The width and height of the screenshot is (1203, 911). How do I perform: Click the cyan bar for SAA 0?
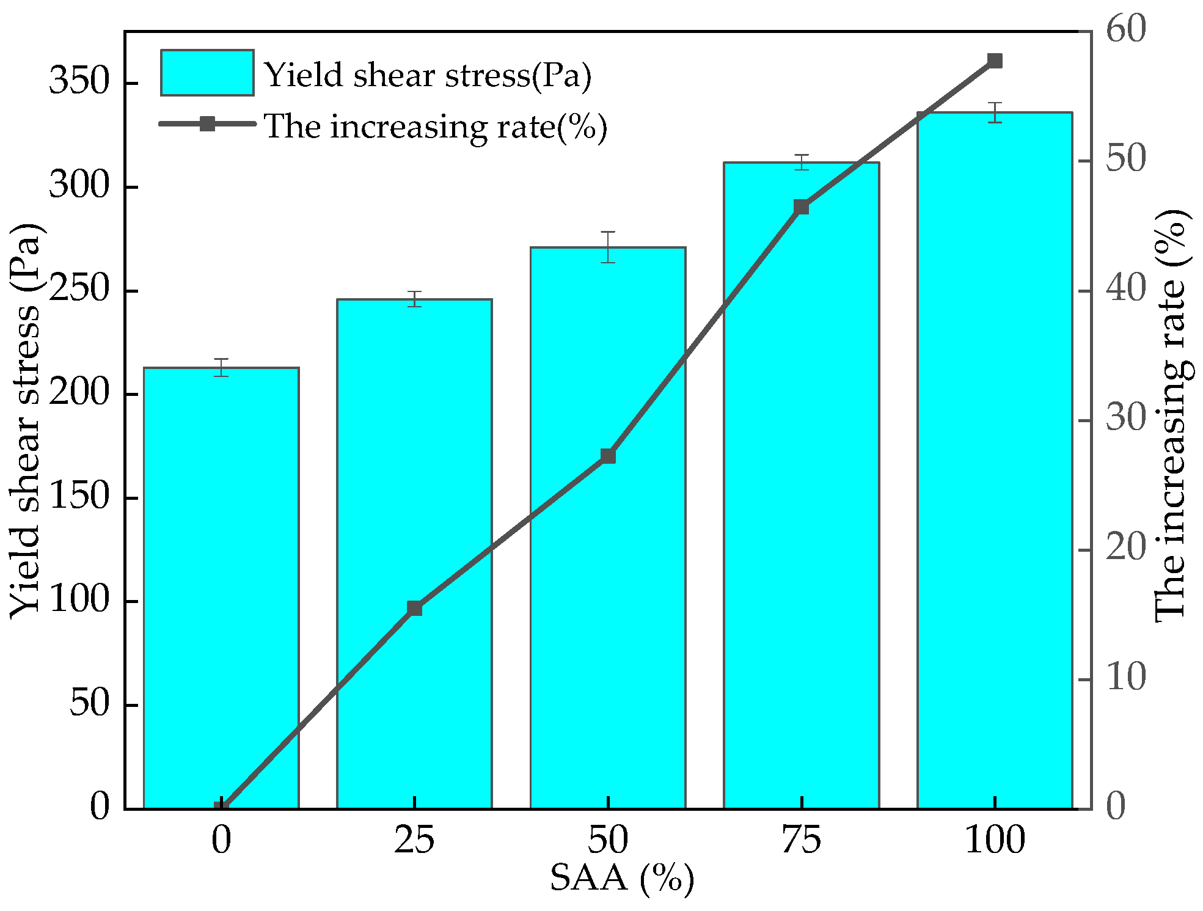coord(221,587)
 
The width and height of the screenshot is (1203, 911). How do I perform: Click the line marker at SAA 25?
coord(414,608)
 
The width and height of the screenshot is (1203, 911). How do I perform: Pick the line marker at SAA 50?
coord(607,456)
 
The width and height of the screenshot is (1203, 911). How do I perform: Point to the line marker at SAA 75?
coord(801,207)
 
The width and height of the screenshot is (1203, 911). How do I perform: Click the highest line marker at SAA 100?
coord(995,60)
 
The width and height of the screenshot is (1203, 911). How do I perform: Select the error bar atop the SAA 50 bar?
coord(607,247)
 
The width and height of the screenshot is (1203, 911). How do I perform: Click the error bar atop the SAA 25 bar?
coord(415,299)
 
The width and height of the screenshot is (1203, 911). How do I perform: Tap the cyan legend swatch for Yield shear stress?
coord(207,73)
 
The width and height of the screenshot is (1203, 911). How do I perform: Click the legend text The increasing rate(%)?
coord(435,126)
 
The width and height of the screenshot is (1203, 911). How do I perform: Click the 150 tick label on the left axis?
coord(79,496)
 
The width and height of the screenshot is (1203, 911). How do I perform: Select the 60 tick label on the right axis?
coord(1125,29)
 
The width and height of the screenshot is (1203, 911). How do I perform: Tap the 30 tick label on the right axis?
coord(1125,419)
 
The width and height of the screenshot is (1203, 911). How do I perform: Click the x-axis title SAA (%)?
coord(621,879)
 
